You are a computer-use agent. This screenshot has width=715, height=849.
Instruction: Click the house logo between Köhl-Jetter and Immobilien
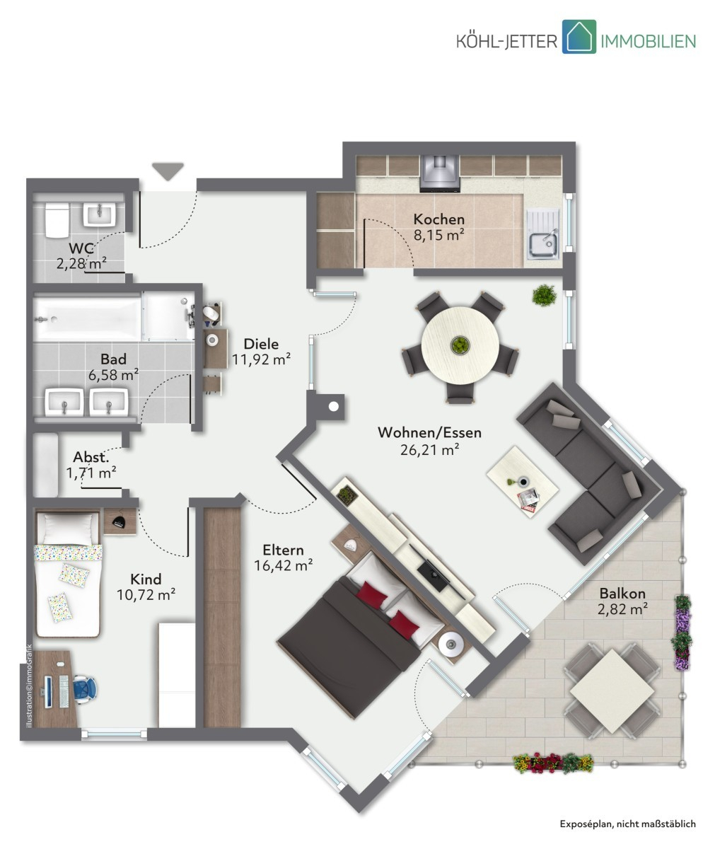579,37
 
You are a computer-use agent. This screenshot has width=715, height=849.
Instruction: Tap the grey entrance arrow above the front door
168,171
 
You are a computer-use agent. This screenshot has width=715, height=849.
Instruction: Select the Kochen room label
439,219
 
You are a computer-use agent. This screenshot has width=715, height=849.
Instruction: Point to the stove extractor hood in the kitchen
440,173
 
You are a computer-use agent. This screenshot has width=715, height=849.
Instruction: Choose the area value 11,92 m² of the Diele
262,360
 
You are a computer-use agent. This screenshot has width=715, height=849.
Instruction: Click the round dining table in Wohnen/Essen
460,345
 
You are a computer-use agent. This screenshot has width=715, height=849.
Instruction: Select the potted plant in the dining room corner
545,295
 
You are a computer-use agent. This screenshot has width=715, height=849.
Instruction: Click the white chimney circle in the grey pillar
334,406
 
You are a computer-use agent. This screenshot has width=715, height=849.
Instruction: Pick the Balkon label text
622,594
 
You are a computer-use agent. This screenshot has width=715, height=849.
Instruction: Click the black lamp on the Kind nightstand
119,521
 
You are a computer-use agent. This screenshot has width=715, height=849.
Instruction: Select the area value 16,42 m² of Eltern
284,565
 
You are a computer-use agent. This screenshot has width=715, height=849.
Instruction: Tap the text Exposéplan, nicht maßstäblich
628,824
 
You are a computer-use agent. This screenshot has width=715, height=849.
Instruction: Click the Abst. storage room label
91,458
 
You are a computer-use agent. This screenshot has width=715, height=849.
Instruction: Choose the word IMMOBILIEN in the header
649,41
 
